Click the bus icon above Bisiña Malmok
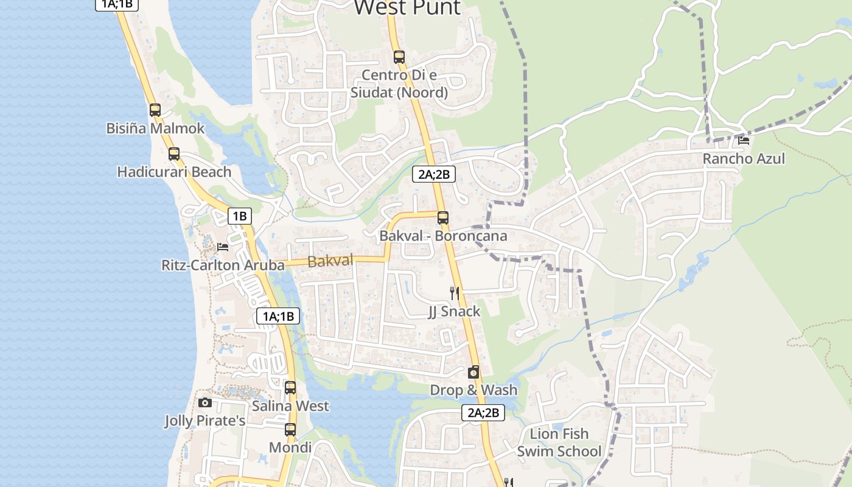point(155,110)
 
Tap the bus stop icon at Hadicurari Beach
point(174,153)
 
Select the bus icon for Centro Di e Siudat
point(399,57)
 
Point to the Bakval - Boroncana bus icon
point(443,217)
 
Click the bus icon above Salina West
point(290,388)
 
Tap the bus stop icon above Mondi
point(290,430)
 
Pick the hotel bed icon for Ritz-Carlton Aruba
point(223,247)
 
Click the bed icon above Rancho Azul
point(743,141)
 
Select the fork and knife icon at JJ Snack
point(454,293)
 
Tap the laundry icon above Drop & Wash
point(473,372)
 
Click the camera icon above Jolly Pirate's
point(205,402)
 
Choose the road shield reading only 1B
point(240,215)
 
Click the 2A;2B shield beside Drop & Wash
point(483,413)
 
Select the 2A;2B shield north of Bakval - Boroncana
point(434,175)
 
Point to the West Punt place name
point(407,8)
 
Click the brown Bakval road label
point(330,261)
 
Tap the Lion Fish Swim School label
point(559,443)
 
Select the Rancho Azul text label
point(744,159)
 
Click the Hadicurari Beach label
point(174,172)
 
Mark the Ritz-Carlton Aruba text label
point(223,265)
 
